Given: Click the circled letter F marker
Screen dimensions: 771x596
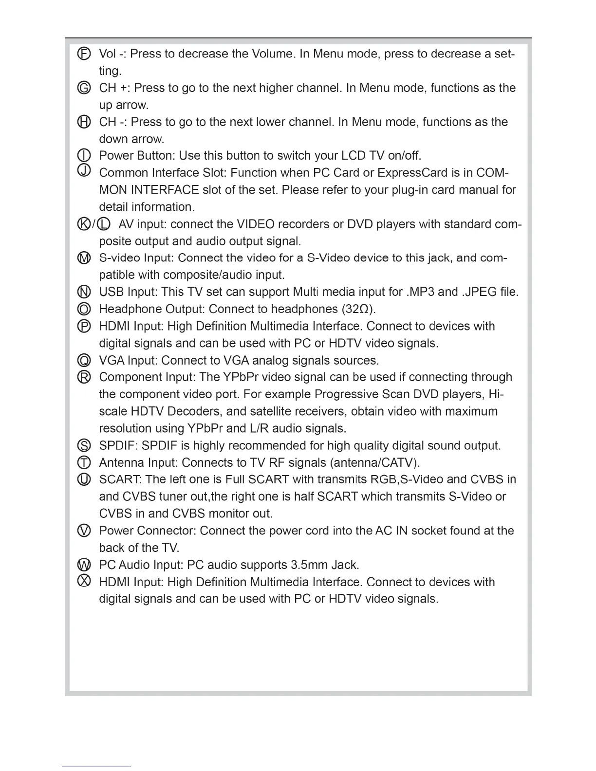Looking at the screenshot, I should [x=84, y=54].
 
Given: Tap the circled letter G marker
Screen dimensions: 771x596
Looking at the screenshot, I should [x=84, y=88].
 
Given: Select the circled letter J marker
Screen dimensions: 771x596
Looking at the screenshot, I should [x=84, y=170].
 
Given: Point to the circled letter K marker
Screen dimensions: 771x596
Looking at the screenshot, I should [x=84, y=224].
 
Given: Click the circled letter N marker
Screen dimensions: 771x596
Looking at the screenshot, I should [x=84, y=292].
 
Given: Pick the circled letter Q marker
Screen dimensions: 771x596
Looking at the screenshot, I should [x=84, y=361].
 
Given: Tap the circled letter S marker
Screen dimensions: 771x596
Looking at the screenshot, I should [x=84, y=445].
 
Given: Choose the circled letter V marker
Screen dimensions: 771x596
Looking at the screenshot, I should [x=84, y=531].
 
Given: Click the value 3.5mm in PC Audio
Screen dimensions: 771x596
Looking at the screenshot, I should [x=309, y=565].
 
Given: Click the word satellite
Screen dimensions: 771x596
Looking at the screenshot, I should [x=275, y=411].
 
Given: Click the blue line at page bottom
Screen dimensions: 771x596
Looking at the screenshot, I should [x=96, y=767].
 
